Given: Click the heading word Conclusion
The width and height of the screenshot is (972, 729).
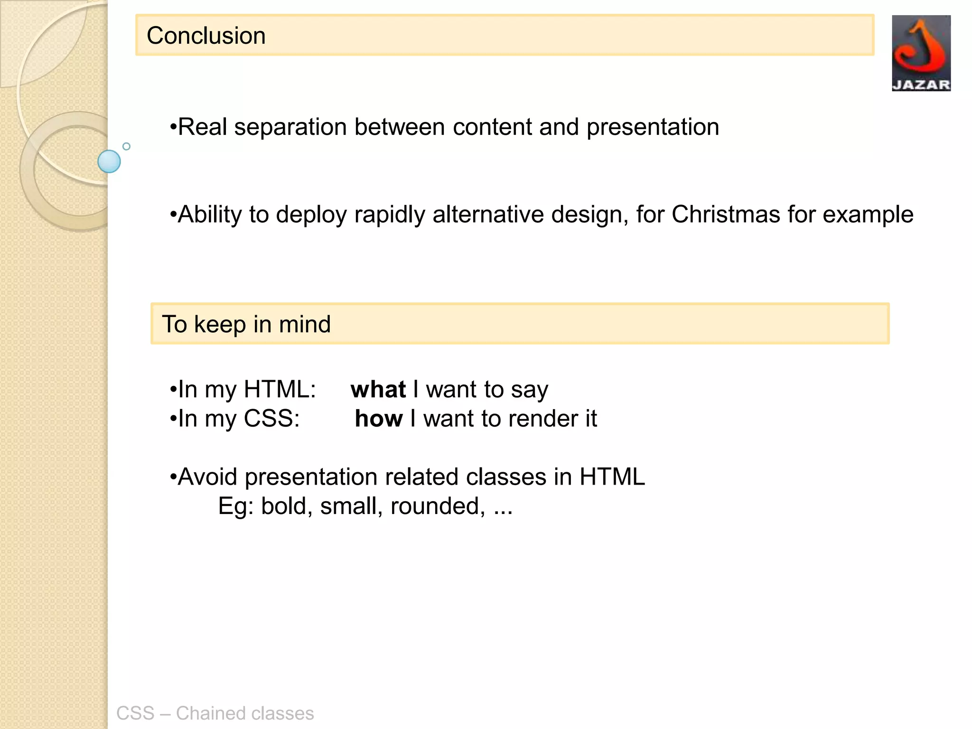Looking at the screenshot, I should click(x=206, y=36).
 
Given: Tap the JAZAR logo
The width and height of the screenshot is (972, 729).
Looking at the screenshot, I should click(x=921, y=53).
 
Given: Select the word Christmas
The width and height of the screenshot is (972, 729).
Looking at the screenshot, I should click(x=726, y=215).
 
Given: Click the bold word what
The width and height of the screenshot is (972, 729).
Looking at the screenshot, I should click(x=378, y=390).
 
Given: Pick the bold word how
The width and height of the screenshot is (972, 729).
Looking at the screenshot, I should click(x=379, y=419).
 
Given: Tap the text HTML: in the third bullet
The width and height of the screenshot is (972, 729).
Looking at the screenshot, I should click(x=280, y=390).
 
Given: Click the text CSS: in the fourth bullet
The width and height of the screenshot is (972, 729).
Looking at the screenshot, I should click(x=271, y=419).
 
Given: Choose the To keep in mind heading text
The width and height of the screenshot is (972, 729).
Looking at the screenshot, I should click(x=246, y=325).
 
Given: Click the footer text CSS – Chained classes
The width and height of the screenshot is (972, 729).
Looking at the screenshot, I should click(x=215, y=713).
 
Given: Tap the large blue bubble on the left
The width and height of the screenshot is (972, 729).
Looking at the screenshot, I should click(x=109, y=161).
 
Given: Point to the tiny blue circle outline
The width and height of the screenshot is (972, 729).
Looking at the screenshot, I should click(x=126, y=146).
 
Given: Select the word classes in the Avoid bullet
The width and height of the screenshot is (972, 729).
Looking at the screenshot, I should click(x=506, y=477).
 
